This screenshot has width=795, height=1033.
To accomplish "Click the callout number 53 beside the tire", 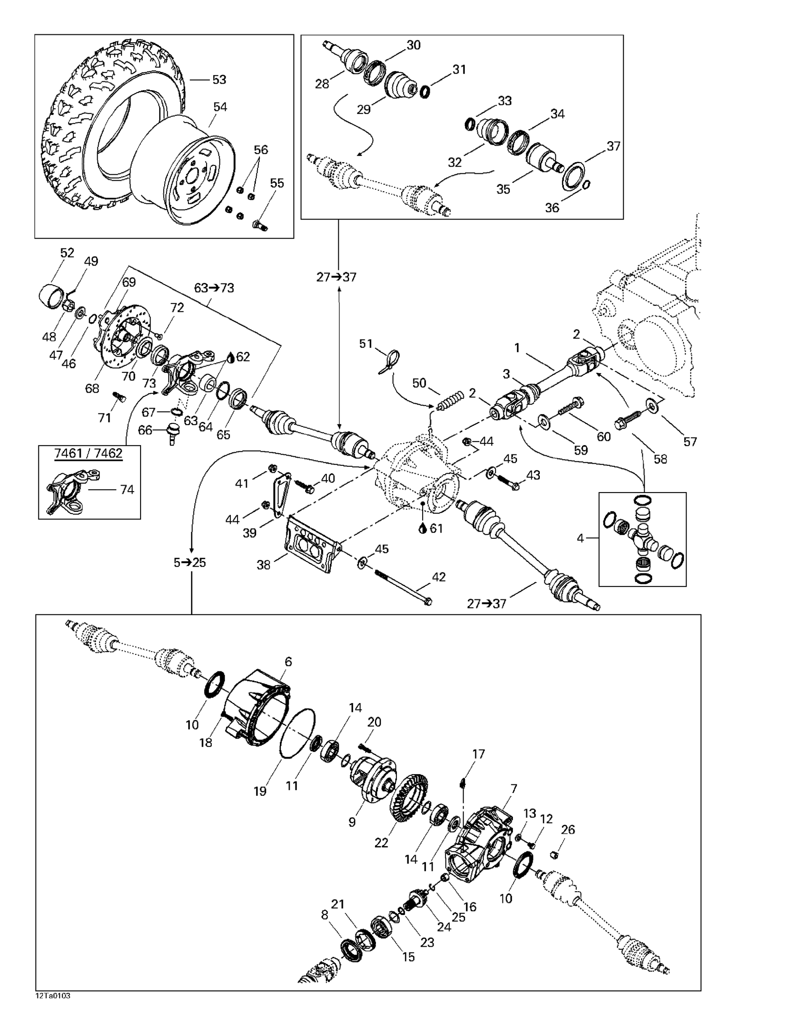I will (x=219, y=80).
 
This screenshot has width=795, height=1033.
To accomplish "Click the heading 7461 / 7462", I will (x=88, y=453).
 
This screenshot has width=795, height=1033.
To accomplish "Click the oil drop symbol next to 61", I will (x=422, y=528).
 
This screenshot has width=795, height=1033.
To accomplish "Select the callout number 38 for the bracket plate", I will (x=263, y=565).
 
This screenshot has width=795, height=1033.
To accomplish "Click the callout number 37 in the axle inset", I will (x=613, y=146).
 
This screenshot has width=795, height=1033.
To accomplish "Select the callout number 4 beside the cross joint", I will (x=580, y=538).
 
